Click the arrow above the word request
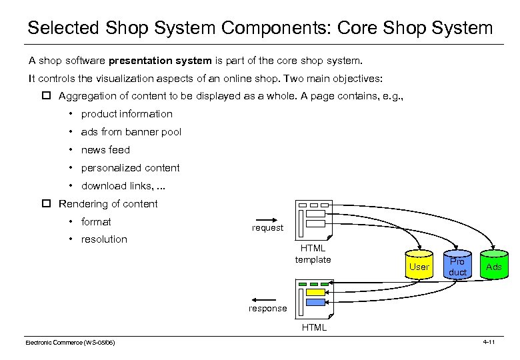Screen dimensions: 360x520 pos(267,218)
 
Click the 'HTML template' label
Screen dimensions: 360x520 pos(313,254)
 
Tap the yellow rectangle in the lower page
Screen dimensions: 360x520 pos(315,292)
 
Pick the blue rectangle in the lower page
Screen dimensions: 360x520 pos(315,302)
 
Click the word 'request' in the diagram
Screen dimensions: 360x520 pos(267,228)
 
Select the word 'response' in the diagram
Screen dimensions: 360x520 pos(268,309)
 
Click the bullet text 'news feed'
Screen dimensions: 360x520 pos(105,150)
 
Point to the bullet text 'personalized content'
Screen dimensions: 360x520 pos(130,168)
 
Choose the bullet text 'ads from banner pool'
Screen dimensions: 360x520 pos(131,132)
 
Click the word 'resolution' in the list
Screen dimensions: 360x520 pos(104,239)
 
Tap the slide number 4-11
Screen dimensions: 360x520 pos(488,342)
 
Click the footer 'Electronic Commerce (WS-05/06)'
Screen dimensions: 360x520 pos(70,343)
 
